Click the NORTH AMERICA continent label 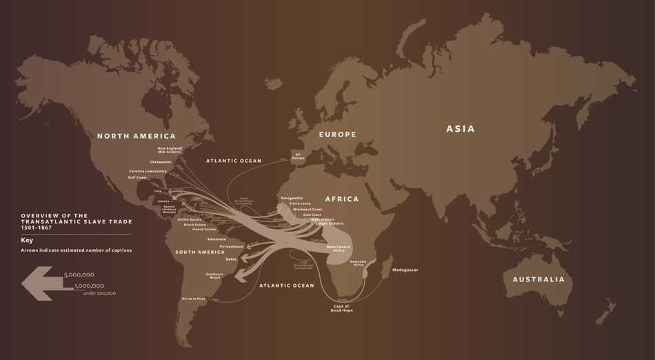coord(137,137)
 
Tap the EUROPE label coord(338,134)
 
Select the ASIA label coord(461,129)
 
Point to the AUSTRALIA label coord(538,279)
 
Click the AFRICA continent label coord(342,199)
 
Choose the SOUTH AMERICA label coord(200,252)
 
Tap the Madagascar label coord(405,270)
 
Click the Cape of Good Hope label coord(342,308)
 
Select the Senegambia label coord(292,198)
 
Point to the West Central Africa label coord(339,248)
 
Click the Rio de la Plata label coord(193,299)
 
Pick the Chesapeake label coord(161,162)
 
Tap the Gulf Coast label coord(137,177)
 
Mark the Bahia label coord(231,259)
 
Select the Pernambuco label coord(232,246)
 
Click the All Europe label coord(299,156)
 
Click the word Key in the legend coord(27,240)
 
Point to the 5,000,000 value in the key coord(79,274)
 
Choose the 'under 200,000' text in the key coord(99,294)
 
